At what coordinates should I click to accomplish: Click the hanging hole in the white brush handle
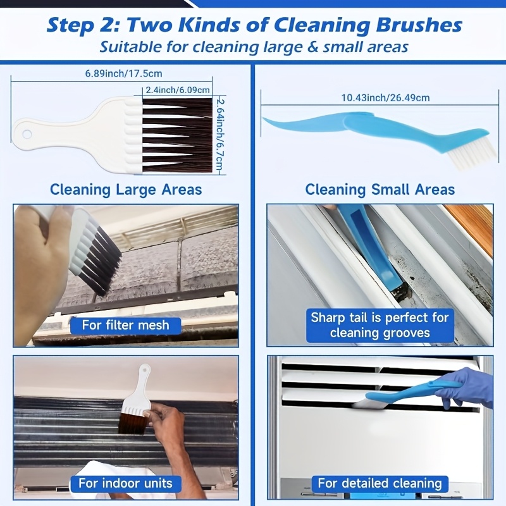coord(27,134)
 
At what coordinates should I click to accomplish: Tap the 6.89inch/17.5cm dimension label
coord(123,73)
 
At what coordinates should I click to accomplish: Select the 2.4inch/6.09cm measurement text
coord(178,90)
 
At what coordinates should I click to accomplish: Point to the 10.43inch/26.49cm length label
coord(385,98)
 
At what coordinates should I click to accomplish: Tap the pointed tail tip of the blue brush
coord(263,118)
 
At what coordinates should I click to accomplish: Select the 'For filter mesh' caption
coord(125,325)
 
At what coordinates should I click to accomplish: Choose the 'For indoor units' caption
coord(125,483)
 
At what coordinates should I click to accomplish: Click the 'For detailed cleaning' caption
coord(380,483)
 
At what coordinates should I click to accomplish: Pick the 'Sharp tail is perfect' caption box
coord(380,325)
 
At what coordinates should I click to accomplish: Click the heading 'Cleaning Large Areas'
coord(126,189)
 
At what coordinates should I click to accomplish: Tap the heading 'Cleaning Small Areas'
coord(380,189)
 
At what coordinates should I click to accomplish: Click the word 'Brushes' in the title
coord(419,25)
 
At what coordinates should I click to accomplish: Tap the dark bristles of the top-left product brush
coord(178,135)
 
